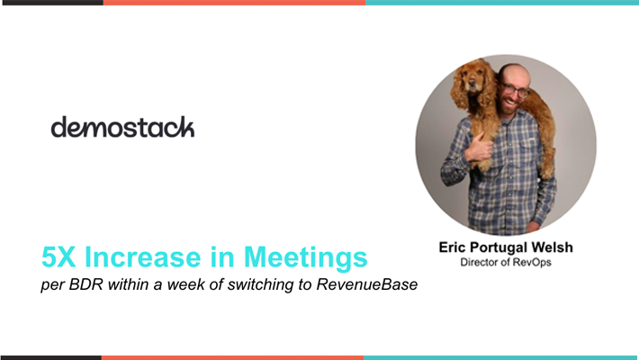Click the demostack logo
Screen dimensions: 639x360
tap(122, 127)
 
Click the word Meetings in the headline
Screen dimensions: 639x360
tap(305, 258)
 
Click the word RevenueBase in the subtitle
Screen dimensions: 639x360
tap(367, 284)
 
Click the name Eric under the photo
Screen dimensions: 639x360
tap(452, 247)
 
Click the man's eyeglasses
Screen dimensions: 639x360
tap(514, 90)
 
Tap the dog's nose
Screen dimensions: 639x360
tap(472, 86)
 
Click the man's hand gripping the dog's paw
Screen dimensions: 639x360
tap(479, 148)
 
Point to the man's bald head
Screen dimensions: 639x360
tap(514, 73)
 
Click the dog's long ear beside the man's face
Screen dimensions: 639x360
tap(486, 87)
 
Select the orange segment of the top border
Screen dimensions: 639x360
tap(234, 3)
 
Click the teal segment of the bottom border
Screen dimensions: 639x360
tap(501, 357)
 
